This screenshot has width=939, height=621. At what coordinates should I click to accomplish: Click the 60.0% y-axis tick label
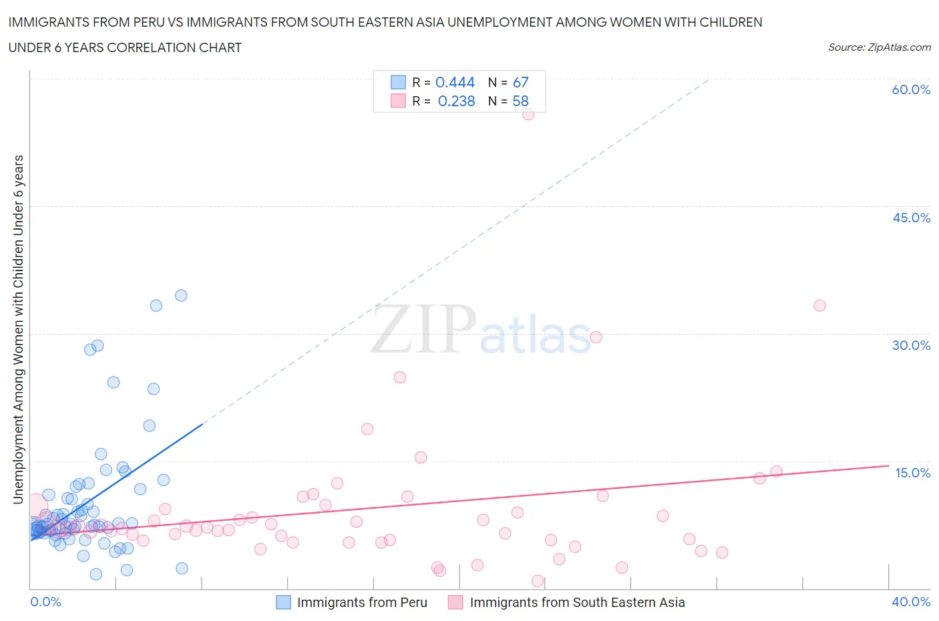(x=911, y=89)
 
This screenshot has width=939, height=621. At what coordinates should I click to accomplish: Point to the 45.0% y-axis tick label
(x=911, y=218)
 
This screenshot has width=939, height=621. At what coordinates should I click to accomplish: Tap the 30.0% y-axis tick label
(x=911, y=345)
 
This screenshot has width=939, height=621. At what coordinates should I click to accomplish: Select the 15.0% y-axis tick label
(x=912, y=473)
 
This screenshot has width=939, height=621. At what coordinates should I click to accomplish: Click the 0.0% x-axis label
(x=45, y=602)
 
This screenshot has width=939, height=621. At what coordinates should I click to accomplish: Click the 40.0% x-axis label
(x=911, y=602)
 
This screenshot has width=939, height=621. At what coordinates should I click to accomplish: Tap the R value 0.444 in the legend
(x=455, y=82)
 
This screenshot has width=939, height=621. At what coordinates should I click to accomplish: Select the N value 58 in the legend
(x=520, y=101)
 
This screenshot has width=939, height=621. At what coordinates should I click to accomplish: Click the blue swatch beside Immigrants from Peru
(x=284, y=602)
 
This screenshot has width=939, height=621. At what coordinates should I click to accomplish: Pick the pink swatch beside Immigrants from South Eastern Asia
(x=455, y=602)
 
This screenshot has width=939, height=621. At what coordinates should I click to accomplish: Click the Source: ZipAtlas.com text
(x=879, y=47)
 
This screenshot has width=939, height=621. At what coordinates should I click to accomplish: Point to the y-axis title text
(x=18, y=329)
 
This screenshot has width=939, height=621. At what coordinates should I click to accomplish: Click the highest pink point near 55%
(x=528, y=114)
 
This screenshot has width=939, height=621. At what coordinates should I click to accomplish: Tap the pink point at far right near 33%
(x=819, y=305)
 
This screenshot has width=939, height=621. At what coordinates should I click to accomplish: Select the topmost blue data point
(x=181, y=295)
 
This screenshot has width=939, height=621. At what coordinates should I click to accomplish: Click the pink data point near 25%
(x=400, y=377)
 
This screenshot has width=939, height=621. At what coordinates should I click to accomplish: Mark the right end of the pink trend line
(x=888, y=465)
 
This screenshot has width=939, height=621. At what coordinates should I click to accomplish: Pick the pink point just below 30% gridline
(x=596, y=337)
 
